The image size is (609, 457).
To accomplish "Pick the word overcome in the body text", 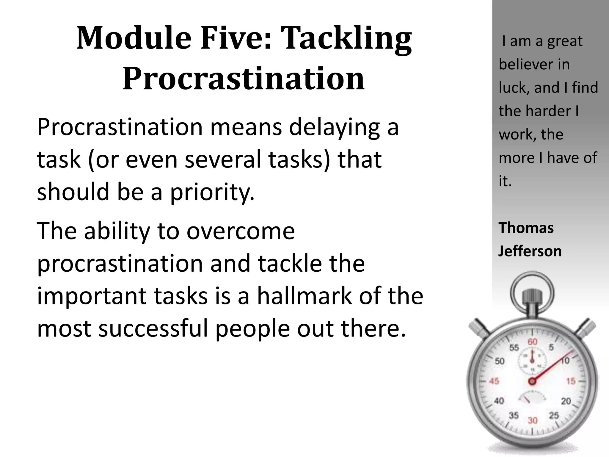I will pos(241,231).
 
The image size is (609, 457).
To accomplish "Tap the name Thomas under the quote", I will pos(526,228).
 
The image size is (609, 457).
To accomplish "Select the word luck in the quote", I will pos(514,88).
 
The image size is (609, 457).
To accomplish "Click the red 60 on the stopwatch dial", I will pos(533,342).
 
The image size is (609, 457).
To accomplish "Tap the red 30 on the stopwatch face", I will pos(533,420).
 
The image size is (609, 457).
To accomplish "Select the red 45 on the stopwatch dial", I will pos(494,381).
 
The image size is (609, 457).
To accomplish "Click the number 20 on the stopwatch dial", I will pos(566,401).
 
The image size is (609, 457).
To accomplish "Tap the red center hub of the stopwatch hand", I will pos(532,381).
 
